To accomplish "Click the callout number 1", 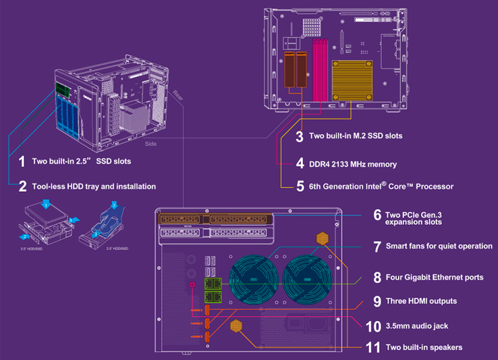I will pyautogui.click(x=22, y=161).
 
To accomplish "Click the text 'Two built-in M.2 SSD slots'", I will pyautogui.click(x=356, y=136).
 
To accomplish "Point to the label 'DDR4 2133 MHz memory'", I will pyautogui.click(x=353, y=163).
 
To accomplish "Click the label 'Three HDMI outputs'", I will pyautogui.click(x=421, y=301).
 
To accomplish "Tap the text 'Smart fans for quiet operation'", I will pyautogui.click(x=439, y=246).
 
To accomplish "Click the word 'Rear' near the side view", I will pyautogui.click(x=177, y=94).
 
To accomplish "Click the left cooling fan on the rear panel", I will pyautogui.click(x=253, y=279).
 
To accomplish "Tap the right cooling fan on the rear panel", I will pyautogui.click(x=308, y=279).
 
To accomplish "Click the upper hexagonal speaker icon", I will pyautogui.click(x=322, y=238).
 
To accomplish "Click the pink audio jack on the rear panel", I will pyautogui.click(x=192, y=286).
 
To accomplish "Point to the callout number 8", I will pyautogui.click(x=377, y=277).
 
